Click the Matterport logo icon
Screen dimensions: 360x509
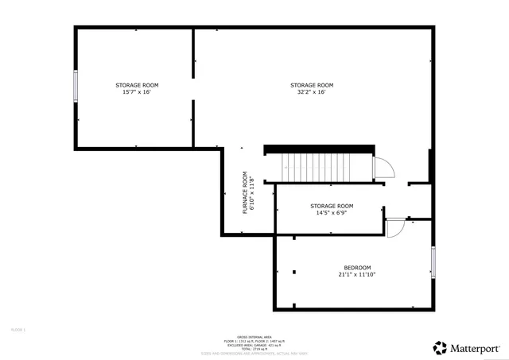439,347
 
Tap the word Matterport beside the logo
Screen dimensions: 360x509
476,347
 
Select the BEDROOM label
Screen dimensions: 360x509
357,267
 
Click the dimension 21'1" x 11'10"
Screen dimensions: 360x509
357,274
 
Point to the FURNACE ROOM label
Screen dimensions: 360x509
246,194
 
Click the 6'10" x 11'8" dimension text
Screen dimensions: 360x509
253,194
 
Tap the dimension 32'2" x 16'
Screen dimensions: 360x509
312,92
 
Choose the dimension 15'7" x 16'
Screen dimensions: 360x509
137,92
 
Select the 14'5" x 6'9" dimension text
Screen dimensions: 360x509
332,212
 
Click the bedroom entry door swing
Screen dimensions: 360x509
394,228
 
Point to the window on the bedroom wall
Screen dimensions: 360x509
433,261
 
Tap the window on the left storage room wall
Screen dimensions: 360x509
76,85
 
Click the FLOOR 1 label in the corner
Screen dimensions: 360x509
19,328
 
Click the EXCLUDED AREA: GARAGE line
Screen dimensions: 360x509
254,344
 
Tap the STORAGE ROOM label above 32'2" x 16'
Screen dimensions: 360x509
312,85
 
